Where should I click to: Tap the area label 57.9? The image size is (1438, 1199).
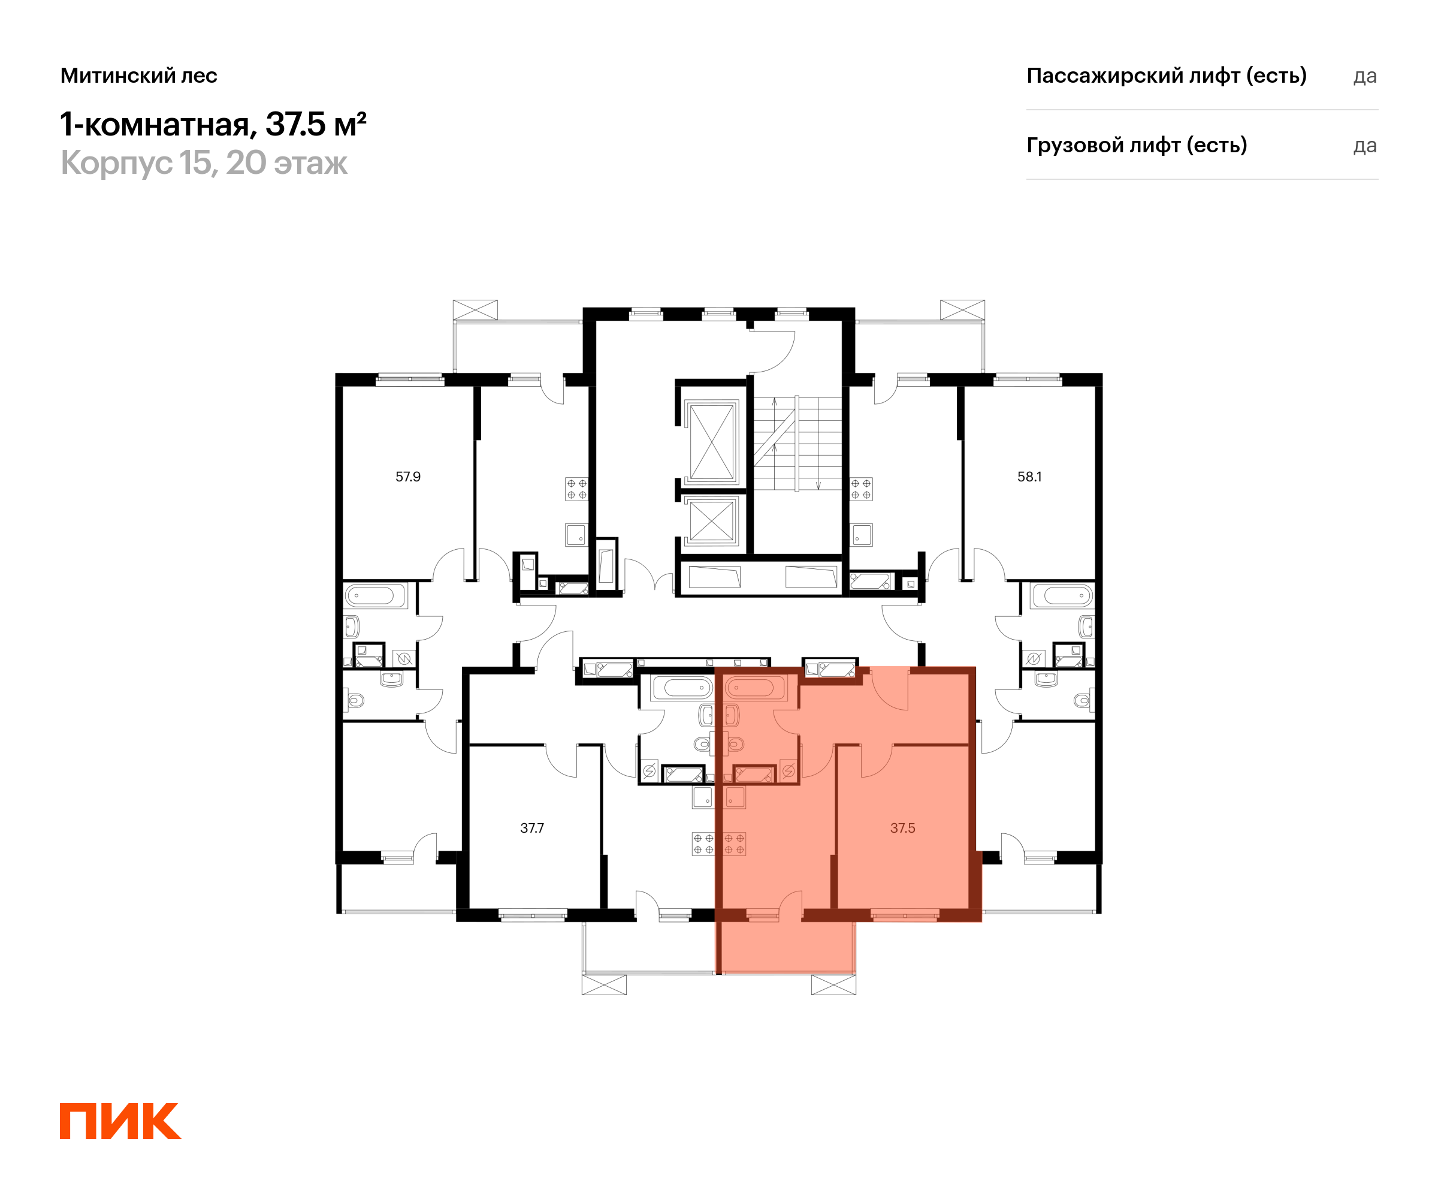click(408, 477)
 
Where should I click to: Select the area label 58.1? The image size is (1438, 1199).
click(1029, 477)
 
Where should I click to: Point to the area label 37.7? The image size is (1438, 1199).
click(532, 829)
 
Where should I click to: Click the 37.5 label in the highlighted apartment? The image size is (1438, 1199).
click(902, 829)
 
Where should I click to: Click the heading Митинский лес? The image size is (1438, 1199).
click(139, 76)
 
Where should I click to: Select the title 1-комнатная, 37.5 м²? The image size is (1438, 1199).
click(214, 125)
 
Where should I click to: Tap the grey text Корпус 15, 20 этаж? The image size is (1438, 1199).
click(204, 163)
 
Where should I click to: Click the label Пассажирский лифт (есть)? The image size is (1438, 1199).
click(1167, 76)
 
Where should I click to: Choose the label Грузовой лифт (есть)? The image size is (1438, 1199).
click(1137, 145)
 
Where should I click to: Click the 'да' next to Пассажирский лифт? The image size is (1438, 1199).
click(1365, 77)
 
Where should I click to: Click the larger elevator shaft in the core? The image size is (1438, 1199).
click(711, 442)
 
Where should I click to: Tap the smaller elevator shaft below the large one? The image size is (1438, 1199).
click(711, 521)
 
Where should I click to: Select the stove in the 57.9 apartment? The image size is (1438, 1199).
click(576, 489)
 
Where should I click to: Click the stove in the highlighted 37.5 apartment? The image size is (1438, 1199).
click(735, 844)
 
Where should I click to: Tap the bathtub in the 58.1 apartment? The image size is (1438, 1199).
click(1062, 595)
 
